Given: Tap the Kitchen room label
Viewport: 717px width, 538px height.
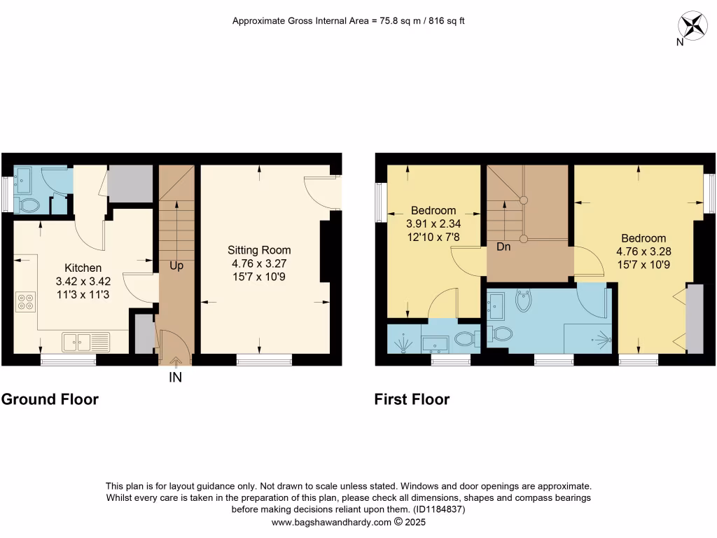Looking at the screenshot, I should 83,268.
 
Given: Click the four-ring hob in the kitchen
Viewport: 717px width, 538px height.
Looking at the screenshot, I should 25,301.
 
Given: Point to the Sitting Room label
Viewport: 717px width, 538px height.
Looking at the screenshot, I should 259,250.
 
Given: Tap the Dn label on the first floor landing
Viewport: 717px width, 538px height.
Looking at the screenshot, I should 502,247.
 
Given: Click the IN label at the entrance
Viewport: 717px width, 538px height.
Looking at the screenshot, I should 175,378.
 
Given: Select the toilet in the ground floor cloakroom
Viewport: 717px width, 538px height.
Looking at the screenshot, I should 29,205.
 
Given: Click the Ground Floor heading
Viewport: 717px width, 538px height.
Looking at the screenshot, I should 50,399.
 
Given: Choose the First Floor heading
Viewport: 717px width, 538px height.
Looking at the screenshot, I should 412,399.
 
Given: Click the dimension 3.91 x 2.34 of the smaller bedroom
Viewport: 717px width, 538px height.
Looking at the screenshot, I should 433,223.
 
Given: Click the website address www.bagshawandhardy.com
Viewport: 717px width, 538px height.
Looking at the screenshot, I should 331,522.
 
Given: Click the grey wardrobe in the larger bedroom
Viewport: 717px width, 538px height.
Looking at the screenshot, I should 695,319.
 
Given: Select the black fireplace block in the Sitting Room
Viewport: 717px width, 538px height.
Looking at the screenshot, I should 326,250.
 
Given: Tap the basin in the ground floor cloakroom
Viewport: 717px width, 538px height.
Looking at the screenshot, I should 24,180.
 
